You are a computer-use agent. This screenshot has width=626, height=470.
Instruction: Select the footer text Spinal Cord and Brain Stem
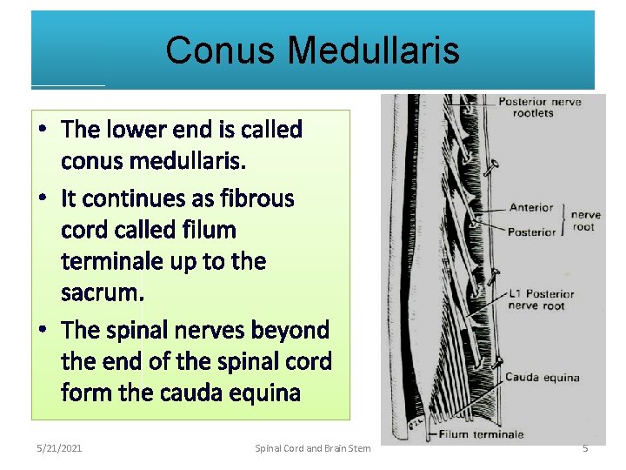[313, 448]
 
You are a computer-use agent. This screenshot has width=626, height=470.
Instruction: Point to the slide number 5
[585, 448]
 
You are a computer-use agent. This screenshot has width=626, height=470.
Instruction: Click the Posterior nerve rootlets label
[539, 107]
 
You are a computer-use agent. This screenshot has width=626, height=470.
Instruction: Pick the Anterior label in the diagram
[531, 207]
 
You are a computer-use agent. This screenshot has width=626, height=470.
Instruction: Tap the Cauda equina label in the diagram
[542, 378]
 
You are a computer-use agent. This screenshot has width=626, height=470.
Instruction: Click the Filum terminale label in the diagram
[481, 433]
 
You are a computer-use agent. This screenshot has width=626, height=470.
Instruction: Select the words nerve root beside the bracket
[586, 220]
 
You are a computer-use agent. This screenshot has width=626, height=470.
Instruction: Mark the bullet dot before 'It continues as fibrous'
[43, 198]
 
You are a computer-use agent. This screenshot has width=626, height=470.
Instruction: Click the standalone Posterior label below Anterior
[531, 232]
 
